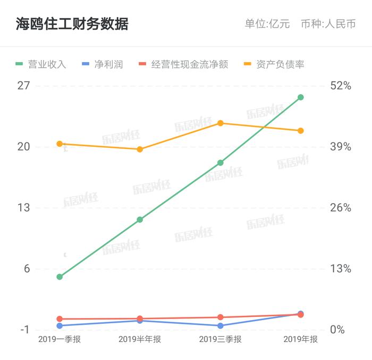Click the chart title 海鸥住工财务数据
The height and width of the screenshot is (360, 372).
coord(72,24)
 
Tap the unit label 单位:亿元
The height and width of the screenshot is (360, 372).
coord(267,24)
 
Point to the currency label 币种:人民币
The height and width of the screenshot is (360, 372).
coord(328,24)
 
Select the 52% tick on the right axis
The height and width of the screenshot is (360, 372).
coord(341,86)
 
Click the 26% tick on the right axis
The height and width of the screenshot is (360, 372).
coord(341,207)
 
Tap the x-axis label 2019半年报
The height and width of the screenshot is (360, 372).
coord(140,340)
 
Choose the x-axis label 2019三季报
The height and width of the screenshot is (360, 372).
coord(220,340)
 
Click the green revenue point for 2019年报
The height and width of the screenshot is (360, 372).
coord(301,97)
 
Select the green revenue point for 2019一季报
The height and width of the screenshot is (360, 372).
coord(60,277)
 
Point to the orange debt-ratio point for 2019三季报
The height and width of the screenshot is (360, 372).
coord(221,123)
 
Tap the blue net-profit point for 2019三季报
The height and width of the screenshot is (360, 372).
coord(221,326)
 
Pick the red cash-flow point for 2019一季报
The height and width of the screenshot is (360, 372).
coord(60,319)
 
